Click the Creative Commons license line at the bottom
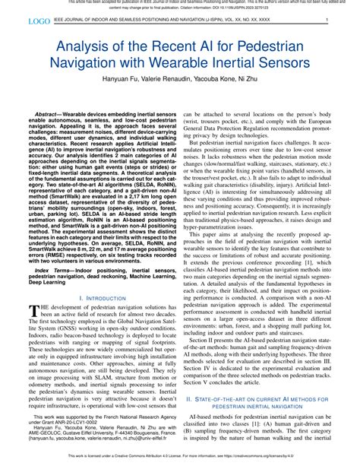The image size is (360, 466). (180, 460)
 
